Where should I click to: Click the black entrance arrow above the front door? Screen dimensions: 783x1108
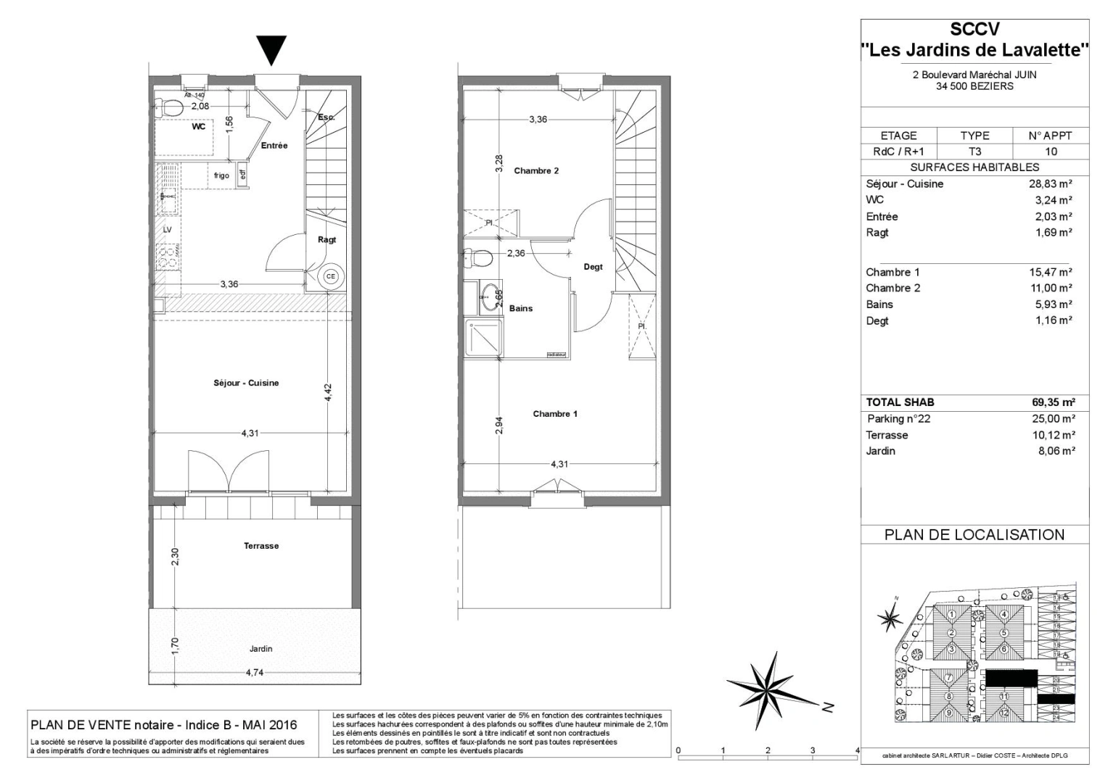click(x=272, y=50)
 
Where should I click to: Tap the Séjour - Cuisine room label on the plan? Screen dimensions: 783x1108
click(x=246, y=383)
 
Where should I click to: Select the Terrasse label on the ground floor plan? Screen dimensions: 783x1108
click(x=261, y=546)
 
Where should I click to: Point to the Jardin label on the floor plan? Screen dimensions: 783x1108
click(x=260, y=649)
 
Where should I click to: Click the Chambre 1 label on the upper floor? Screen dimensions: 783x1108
click(x=555, y=414)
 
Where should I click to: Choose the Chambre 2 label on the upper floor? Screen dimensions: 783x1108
click(x=536, y=171)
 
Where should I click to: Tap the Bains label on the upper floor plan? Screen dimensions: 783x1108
click(x=520, y=308)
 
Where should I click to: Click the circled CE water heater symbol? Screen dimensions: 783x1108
click(x=331, y=276)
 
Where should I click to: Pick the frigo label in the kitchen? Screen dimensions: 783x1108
click(x=221, y=175)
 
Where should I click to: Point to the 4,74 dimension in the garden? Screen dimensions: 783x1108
click(x=254, y=673)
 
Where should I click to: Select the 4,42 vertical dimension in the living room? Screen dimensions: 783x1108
click(x=328, y=392)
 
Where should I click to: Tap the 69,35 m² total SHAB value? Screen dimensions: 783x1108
click(x=1053, y=402)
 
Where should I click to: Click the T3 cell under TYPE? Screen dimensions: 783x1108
click(x=974, y=152)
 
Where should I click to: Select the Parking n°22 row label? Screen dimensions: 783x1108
click(x=898, y=419)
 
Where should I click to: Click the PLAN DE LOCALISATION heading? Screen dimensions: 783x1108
click(x=974, y=535)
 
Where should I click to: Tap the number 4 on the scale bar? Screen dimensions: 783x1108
click(x=857, y=750)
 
